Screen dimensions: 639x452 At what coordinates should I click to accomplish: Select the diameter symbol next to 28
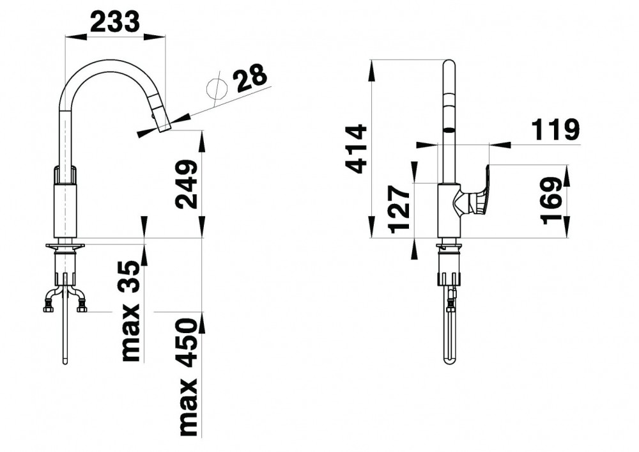pos(217,88)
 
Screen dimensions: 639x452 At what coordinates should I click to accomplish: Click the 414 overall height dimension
pos(356,149)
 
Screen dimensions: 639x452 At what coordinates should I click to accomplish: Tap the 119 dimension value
pos(555,130)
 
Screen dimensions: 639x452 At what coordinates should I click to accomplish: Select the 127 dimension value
pos(399,209)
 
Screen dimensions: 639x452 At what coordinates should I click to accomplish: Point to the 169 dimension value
pos(552,201)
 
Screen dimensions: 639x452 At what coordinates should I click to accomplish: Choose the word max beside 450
pos(188,408)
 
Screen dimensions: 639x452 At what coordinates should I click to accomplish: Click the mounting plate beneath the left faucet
pos(65,246)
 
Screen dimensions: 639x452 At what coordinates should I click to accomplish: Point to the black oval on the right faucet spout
pos(449,131)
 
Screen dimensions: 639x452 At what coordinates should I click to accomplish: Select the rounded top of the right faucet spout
pos(449,65)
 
